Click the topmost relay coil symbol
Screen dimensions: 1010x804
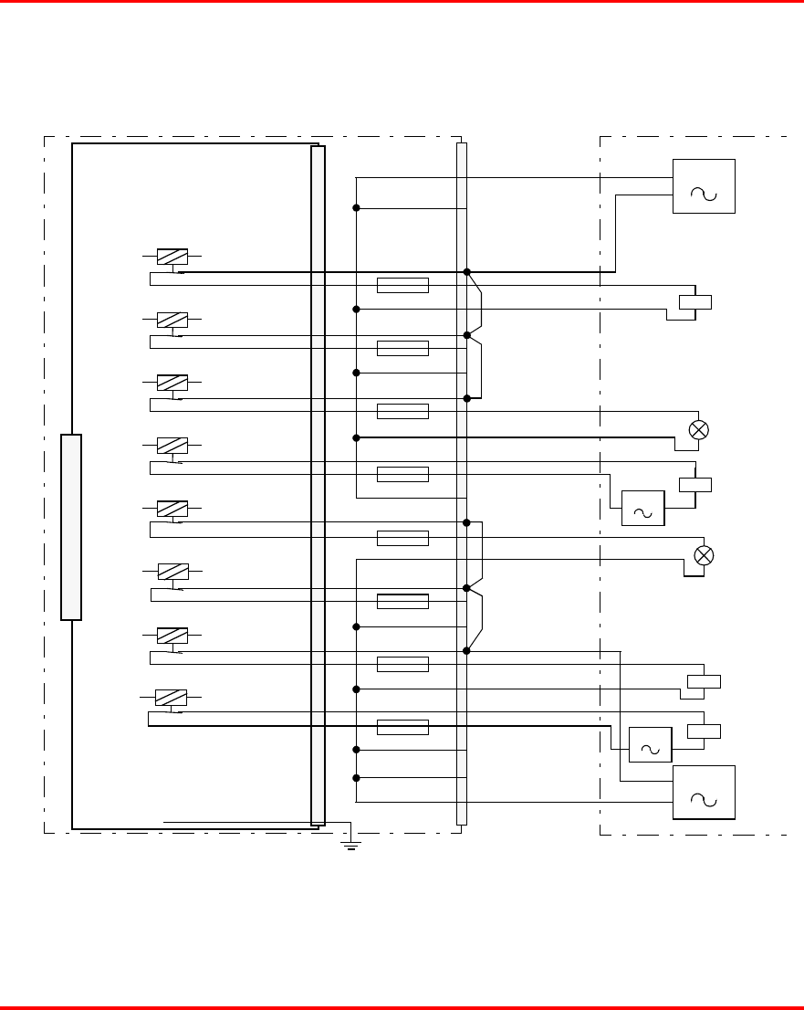(172, 257)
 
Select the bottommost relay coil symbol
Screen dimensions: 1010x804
(172, 698)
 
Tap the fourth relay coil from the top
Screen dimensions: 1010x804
(172, 446)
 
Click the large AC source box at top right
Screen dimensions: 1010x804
(704, 186)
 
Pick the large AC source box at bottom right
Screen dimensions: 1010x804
(704, 793)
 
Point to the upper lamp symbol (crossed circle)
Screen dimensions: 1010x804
(699, 430)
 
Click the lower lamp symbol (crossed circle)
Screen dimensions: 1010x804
(704, 554)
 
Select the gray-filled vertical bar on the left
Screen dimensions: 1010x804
(71, 528)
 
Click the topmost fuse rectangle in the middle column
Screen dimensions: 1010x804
(402, 285)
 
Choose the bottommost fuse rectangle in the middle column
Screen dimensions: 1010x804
(402, 727)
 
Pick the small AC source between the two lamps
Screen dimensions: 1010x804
(643, 509)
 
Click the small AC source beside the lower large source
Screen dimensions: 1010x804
(651, 745)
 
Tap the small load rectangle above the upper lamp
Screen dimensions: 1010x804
(695, 303)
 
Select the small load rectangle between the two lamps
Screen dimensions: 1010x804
(695, 485)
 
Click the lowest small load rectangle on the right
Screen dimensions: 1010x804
(704, 731)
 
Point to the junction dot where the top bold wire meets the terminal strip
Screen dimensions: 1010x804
(466, 272)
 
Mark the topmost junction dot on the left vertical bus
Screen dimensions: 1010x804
(356, 208)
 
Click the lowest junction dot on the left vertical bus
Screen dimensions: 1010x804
(356, 778)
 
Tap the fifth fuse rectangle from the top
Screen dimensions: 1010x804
(402, 538)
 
